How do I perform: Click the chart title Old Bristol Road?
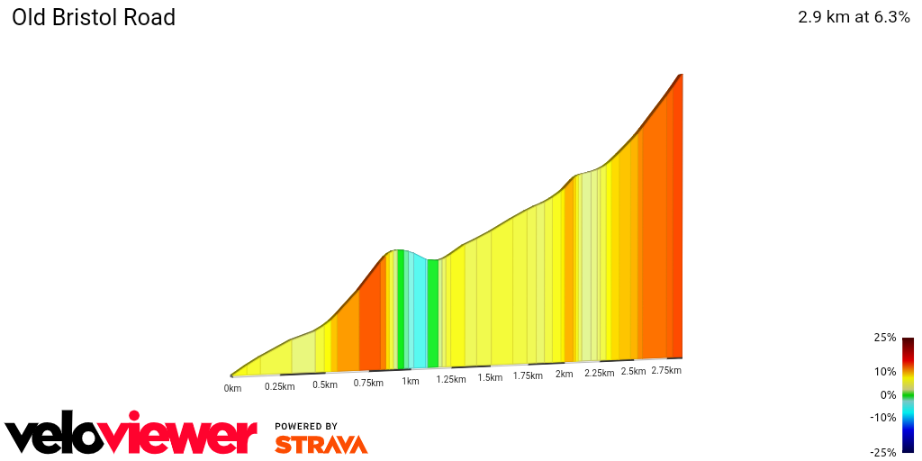coord(94,17)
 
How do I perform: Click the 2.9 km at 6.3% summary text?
coord(854,17)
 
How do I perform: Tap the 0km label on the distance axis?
coord(233,389)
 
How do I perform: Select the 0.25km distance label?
coord(280,386)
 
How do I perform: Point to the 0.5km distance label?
coord(325,384)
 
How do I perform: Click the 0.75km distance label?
coord(368,383)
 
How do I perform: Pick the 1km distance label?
coord(411,381)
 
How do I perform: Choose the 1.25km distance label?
coord(451,379)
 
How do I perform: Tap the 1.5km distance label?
coord(490,377)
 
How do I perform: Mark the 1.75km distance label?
coord(528,375)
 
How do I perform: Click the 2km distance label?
coord(565,374)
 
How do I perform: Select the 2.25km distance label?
coord(600,373)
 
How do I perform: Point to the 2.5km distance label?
coord(634,371)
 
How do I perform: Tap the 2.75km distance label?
coord(666,370)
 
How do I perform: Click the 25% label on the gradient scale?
coord(885,338)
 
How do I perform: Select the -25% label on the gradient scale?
coord(883,452)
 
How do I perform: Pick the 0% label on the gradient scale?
coord(888,394)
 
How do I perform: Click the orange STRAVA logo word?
coord(321,445)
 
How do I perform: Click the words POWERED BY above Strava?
coord(306,426)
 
